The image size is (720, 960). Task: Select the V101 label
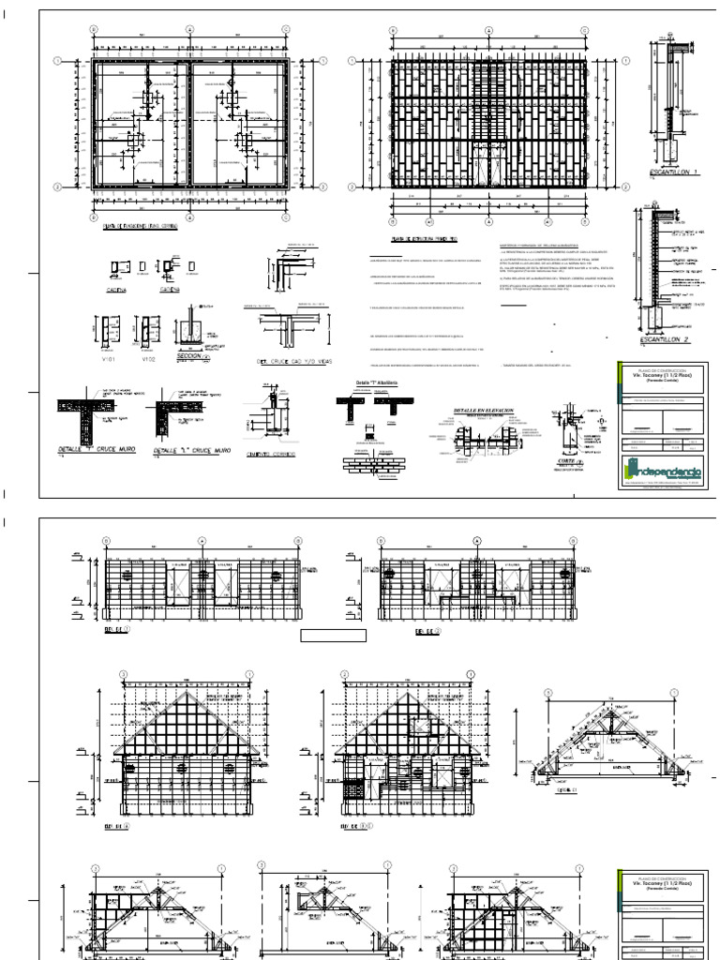[x=105, y=358]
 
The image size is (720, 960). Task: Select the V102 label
[x=147, y=358]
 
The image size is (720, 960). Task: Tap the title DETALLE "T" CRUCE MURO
[x=97, y=450]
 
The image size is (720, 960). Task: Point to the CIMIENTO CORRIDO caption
[x=271, y=454]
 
